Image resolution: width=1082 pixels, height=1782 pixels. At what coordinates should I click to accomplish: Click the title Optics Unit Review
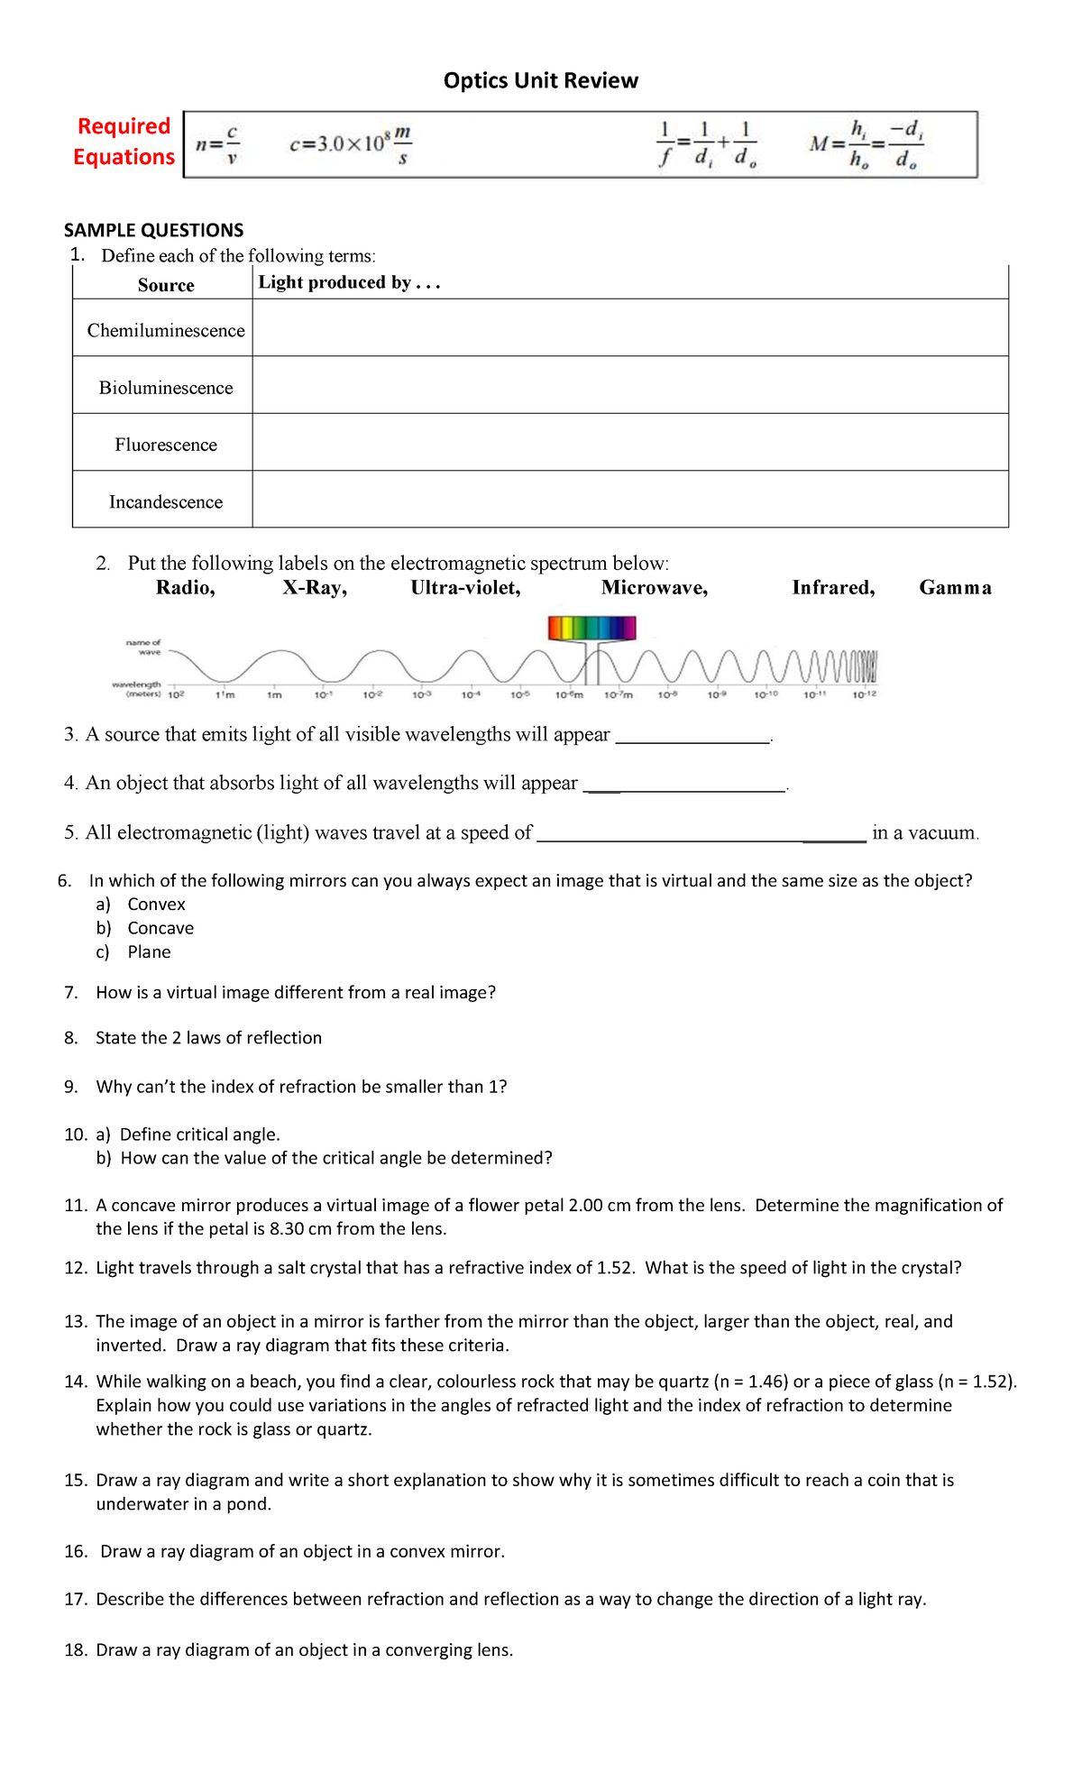point(540,80)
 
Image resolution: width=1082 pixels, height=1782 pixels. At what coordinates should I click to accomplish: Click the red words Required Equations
point(124,142)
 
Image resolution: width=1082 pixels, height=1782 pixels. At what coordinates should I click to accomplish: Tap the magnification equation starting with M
point(866,144)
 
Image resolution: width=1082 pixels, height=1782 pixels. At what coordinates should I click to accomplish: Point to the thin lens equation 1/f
point(706,144)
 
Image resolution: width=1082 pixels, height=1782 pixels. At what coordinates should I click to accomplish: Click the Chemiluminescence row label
point(166,330)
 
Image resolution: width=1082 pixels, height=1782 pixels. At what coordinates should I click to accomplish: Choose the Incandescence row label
point(166,501)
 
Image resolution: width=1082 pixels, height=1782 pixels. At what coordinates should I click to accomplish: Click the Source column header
point(166,285)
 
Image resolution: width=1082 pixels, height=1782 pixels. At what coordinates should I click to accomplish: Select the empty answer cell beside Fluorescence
point(629,443)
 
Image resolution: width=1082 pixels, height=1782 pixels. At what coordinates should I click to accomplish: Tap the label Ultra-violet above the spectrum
point(465,588)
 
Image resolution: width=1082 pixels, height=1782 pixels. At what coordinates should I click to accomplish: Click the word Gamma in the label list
point(955,588)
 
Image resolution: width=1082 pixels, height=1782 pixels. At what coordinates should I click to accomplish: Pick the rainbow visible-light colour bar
point(591,628)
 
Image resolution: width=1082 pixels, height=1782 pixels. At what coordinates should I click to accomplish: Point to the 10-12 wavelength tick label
point(864,694)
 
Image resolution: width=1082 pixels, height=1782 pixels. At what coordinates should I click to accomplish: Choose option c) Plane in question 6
point(149,952)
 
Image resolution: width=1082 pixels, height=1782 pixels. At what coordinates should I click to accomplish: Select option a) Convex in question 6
point(156,905)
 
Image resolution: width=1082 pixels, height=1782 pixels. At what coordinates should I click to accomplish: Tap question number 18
point(76,1650)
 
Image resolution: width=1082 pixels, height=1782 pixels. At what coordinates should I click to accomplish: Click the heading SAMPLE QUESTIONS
point(153,230)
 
